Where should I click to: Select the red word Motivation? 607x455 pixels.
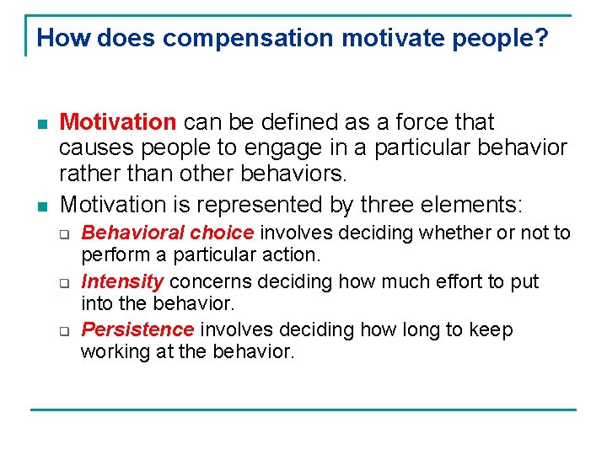(118, 123)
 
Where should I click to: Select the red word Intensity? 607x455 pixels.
(121, 281)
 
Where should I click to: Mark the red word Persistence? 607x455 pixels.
(137, 329)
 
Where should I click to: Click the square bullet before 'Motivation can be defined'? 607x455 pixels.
(41, 124)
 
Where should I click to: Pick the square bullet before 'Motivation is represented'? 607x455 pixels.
(41, 206)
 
